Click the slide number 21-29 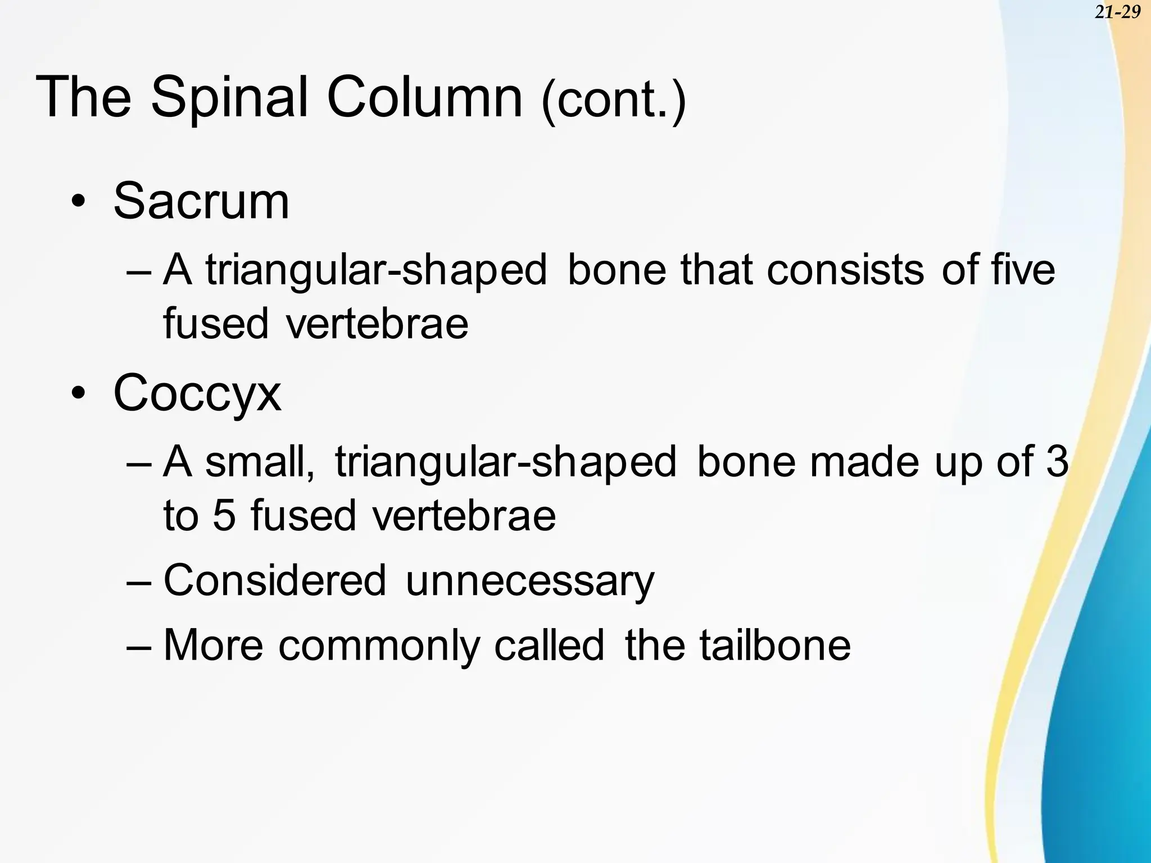pos(1117,12)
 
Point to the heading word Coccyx pos(197,393)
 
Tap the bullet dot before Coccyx pos(79,394)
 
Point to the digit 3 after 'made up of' pos(1057,462)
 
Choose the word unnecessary pos(529,581)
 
